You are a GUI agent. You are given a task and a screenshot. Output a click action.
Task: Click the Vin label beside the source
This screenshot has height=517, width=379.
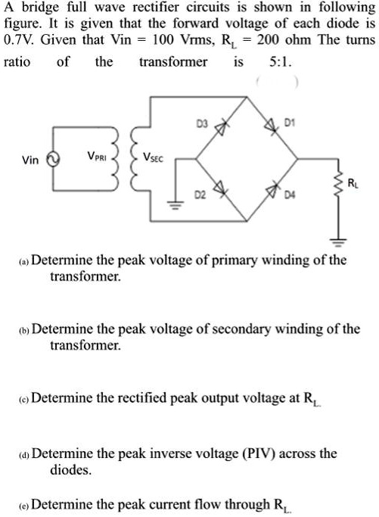click(x=30, y=160)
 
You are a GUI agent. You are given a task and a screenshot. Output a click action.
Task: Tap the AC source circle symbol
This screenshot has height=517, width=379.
click(x=53, y=160)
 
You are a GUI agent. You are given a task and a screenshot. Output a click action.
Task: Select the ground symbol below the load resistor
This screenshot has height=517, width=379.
click(x=339, y=241)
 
